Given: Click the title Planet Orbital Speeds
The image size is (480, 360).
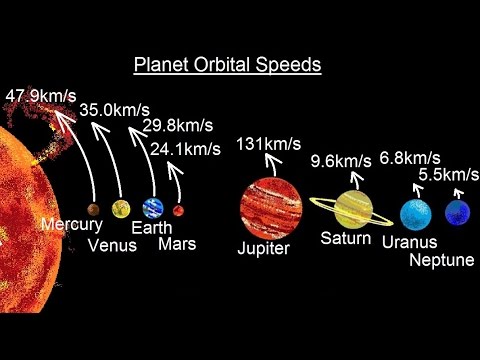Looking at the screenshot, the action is pos(228,65).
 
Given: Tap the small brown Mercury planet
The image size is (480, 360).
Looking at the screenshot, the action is pos(93,210).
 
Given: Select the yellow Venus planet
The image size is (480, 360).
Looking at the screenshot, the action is pos(121,209).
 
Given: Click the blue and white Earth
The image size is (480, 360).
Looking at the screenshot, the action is pos(153,208).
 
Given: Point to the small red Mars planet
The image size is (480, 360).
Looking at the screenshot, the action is pos(178,211).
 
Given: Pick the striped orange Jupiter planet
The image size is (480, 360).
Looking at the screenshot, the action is pos(271,209).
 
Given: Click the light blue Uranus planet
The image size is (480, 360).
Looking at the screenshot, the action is pos(416,215).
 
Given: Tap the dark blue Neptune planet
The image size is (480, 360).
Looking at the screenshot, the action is pos(458,212).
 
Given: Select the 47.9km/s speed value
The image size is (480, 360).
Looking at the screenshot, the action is pos(41,96).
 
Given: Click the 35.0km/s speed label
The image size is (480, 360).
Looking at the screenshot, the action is pos(115,110).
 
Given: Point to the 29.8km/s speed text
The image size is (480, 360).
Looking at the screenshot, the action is pos(178,126).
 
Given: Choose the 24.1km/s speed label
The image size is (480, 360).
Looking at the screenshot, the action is pos(185,149).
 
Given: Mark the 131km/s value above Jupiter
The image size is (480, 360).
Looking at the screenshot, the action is pos(269,144).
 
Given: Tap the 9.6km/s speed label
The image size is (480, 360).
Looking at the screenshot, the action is pos(341,161).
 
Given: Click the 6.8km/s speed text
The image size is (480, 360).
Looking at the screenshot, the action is pos(410,158).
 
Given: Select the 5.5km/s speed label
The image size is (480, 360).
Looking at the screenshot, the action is pos(449,174).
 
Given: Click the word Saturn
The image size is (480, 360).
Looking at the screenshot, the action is pos(346,238).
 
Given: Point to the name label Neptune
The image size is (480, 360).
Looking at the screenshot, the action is pos(442,260).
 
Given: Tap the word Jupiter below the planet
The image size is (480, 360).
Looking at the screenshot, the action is pos(264,248).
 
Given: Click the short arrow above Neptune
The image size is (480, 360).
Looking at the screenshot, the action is pos(459,194).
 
